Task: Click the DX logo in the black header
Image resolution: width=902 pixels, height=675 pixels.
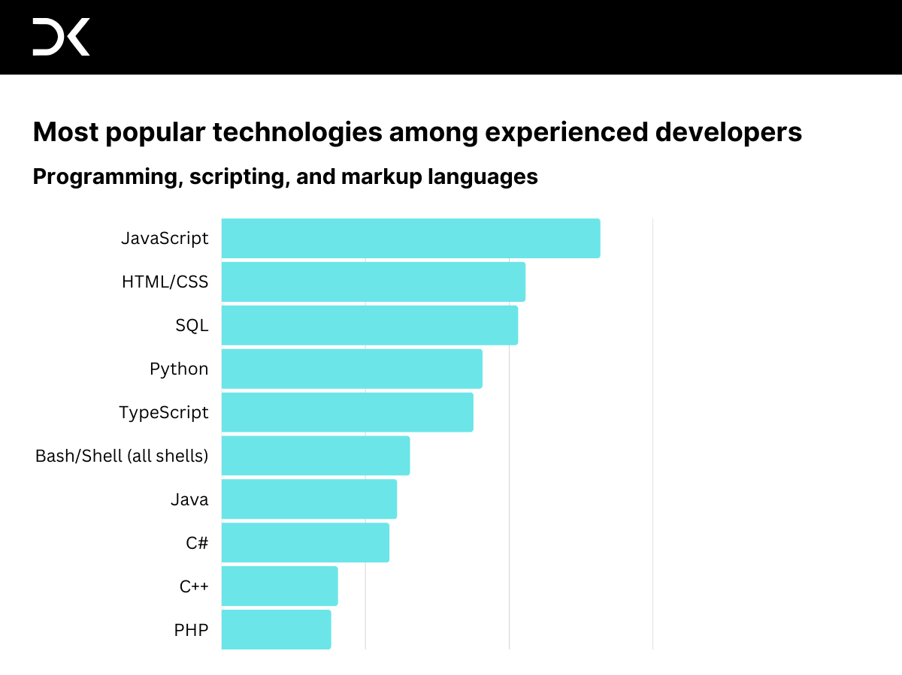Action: pos(61,37)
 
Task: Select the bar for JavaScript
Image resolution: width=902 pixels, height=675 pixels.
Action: pos(410,238)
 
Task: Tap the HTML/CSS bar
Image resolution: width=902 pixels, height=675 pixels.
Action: pos(373,282)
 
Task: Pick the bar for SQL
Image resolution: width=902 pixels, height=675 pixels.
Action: pos(369,325)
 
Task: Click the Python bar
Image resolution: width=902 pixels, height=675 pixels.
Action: pos(352,369)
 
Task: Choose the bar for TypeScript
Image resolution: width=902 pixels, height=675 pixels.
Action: pos(347,412)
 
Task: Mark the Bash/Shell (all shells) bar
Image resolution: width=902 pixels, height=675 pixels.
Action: pos(316,456)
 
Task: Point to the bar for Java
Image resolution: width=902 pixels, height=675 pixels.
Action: pos(309,499)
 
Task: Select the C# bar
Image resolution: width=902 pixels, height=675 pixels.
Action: pos(305,543)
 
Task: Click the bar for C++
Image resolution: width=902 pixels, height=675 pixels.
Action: pos(280,586)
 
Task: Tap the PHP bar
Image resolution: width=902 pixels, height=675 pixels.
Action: pos(276,630)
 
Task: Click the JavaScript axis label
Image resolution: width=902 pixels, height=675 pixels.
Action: pos(165,239)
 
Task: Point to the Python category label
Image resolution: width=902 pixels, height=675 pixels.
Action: pos(179,369)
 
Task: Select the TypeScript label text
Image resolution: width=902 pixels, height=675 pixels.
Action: pos(164,413)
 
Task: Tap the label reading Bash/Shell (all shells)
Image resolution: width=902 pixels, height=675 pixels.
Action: pos(122,456)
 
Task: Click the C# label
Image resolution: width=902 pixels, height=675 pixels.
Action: pos(197,543)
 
